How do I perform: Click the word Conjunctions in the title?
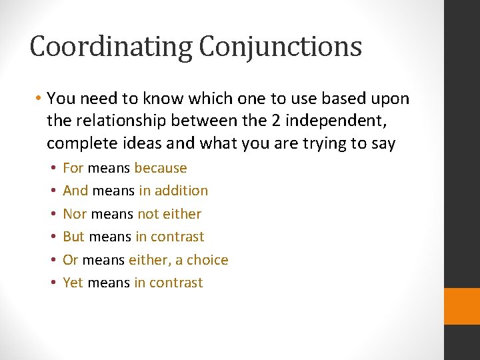(x=281, y=47)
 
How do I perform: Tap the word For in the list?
(x=73, y=168)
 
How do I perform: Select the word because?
(x=161, y=168)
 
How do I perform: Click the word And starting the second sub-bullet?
(x=75, y=191)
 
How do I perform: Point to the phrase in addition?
(x=173, y=191)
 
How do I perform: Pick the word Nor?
(x=75, y=214)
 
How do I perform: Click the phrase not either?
(x=169, y=214)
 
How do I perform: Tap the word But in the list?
(x=74, y=237)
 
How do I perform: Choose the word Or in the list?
(x=70, y=260)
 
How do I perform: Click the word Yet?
(x=73, y=283)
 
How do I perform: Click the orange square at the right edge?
(x=462, y=306)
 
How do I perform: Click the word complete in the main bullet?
(x=77, y=143)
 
